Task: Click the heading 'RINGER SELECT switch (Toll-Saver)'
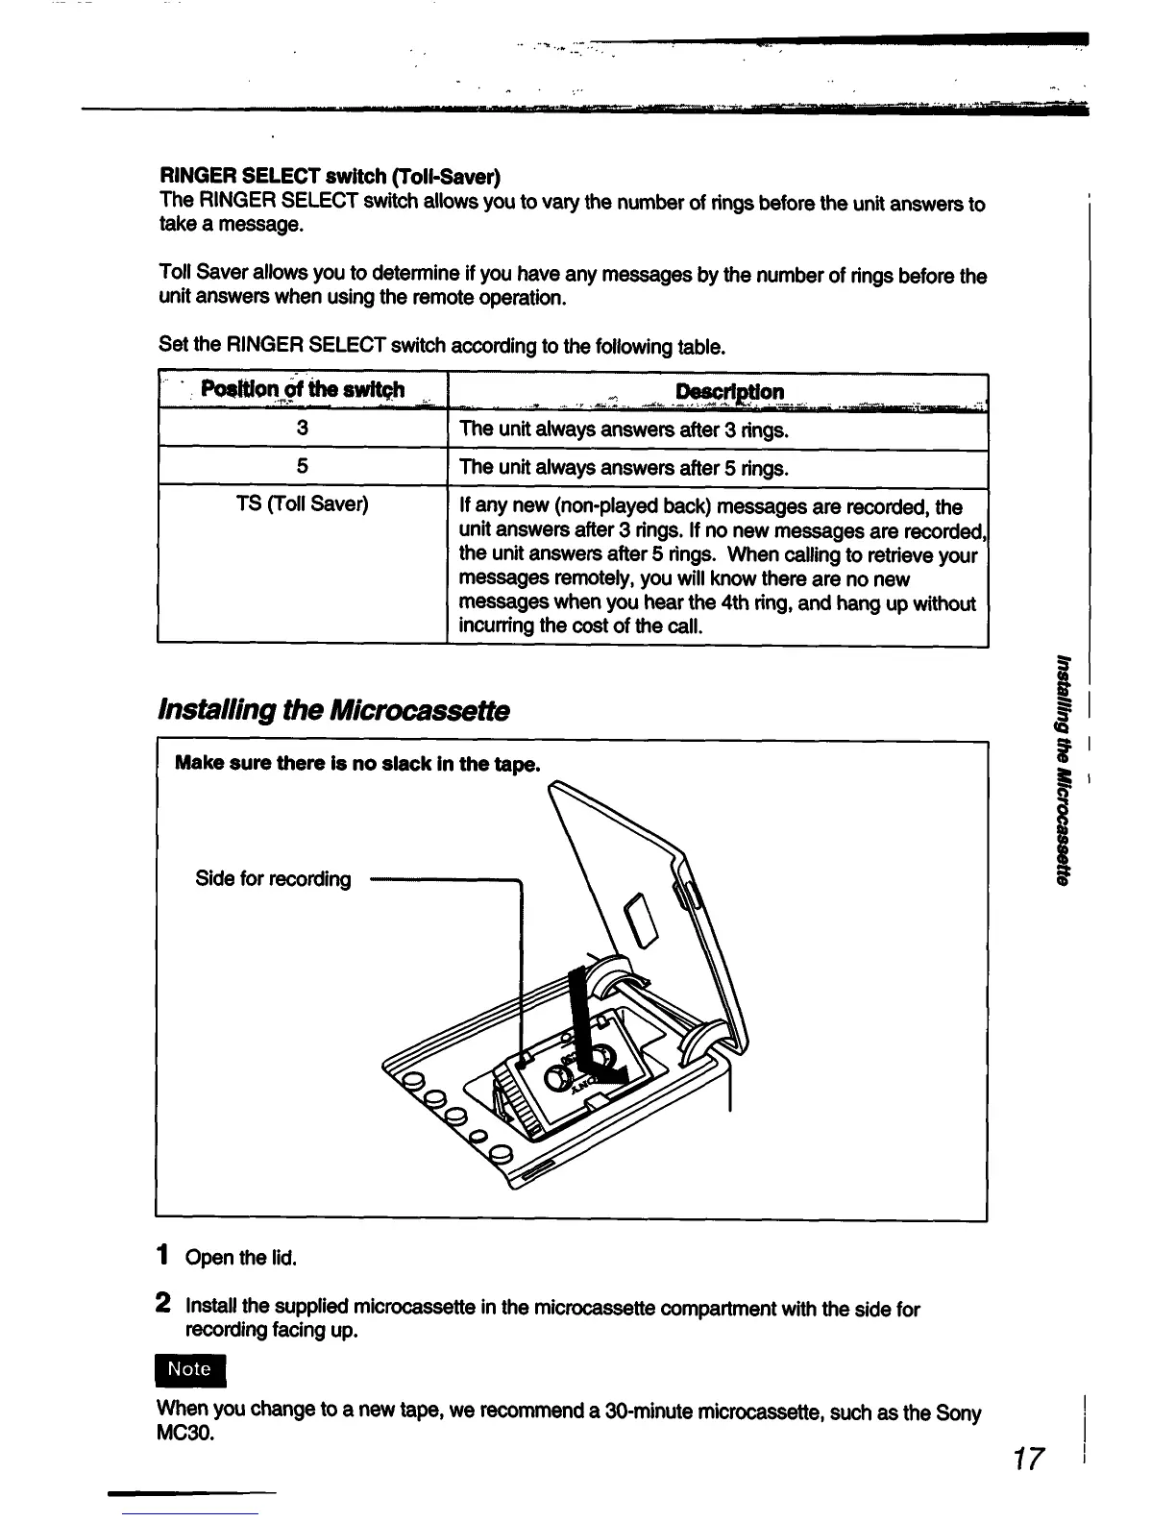[x=330, y=177]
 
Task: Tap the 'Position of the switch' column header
[x=303, y=390]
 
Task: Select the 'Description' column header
[x=729, y=391]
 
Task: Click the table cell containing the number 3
[x=303, y=429]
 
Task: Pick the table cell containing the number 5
[x=303, y=467]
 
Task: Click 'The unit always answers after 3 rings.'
[x=625, y=430]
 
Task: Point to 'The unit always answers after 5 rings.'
[x=625, y=468]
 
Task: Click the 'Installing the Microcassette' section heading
[x=332, y=711]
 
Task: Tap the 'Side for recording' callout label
[x=273, y=879]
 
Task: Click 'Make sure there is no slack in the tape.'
[x=357, y=764]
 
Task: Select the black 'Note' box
[x=189, y=1369]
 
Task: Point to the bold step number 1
[x=164, y=1256]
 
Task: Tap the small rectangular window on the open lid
[x=639, y=921]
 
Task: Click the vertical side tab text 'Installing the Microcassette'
[x=1062, y=769]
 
